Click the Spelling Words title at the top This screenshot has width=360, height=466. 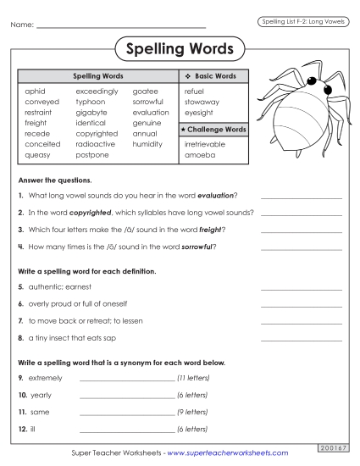click(180, 49)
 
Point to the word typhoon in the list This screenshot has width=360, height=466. click(91, 101)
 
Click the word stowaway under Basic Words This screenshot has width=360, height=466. click(202, 101)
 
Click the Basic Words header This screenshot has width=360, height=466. click(214, 76)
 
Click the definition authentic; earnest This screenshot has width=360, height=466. click(63, 288)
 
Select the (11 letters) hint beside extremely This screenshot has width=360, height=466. click(193, 377)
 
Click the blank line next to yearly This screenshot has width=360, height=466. click(125, 395)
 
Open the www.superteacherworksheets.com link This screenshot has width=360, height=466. click(228, 453)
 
